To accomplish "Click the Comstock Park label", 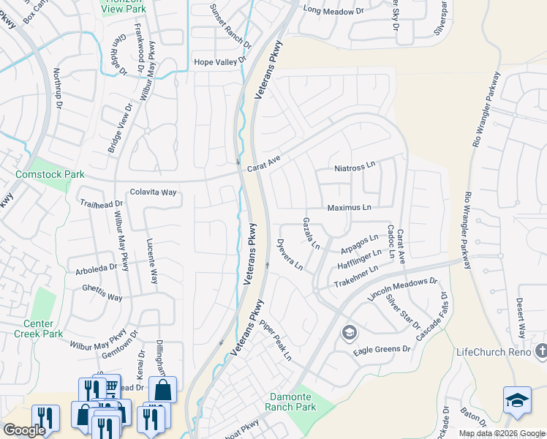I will tap(50, 175).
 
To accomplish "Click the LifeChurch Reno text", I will tap(501, 353).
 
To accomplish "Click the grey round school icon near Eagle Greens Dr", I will tap(349, 334).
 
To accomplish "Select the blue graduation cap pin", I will tap(517, 400).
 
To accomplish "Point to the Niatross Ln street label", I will tap(354, 168).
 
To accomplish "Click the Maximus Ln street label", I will tap(349, 208).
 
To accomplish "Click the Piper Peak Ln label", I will tap(276, 342).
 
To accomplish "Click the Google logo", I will tap(24, 430).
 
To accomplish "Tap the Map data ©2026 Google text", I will tap(502, 433).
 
